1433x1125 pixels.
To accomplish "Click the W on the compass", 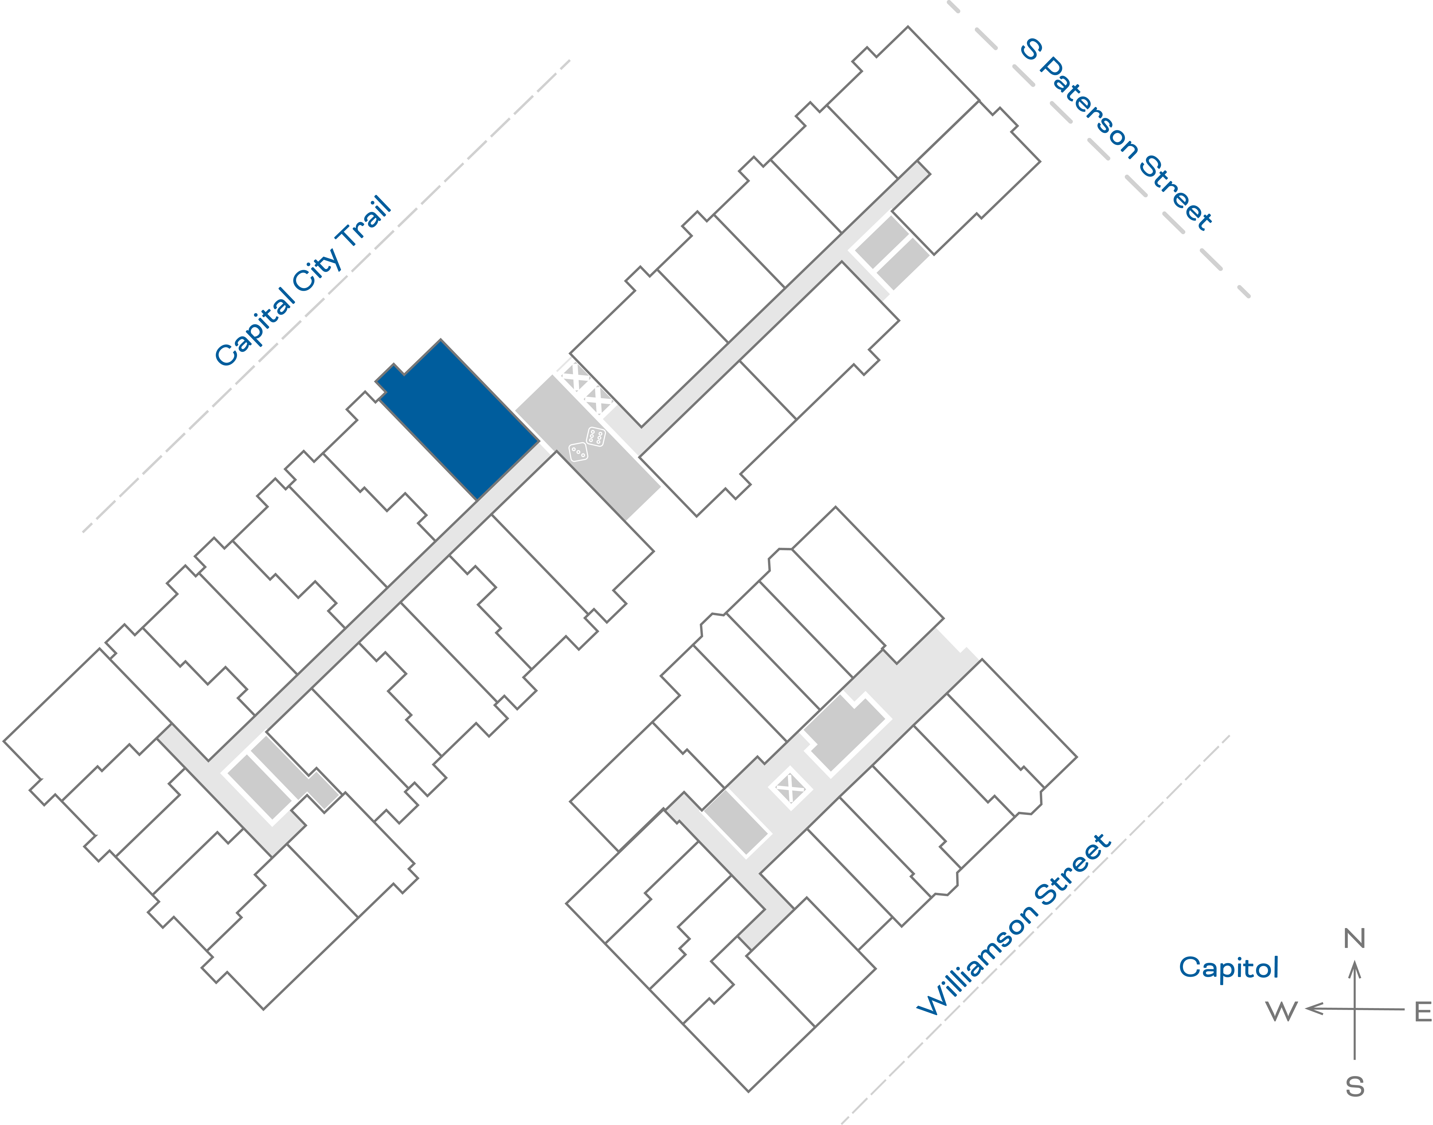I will (x=1282, y=1011).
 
